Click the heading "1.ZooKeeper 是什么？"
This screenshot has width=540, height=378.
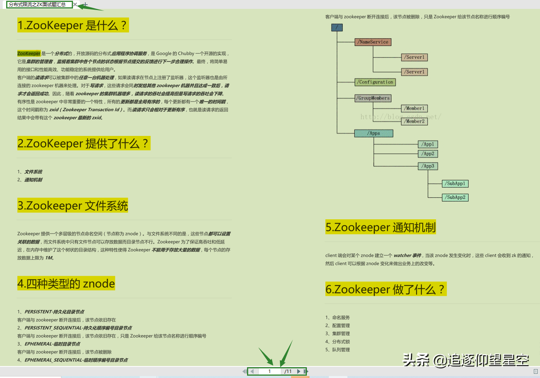click(x=73, y=25)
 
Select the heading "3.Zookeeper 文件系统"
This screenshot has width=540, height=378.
click(x=73, y=206)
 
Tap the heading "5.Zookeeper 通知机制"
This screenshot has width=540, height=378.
click(x=381, y=227)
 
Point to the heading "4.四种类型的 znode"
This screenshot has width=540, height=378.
click(x=66, y=284)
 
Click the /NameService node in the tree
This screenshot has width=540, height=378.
click(x=373, y=42)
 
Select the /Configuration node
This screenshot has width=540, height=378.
click(x=375, y=82)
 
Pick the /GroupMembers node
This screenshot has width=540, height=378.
click(x=373, y=98)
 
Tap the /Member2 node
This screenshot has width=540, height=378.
click(x=415, y=121)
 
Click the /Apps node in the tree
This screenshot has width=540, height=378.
click(x=374, y=134)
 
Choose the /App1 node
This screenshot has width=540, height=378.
click(x=428, y=144)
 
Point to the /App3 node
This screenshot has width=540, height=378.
click(x=428, y=166)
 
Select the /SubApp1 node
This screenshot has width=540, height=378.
click(x=455, y=184)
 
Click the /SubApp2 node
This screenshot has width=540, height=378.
click(x=455, y=198)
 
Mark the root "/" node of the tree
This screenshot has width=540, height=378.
click(x=337, y=28)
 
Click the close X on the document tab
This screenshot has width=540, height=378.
click(x=75, y=5)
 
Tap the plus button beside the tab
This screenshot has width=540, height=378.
click(x=85, y=5)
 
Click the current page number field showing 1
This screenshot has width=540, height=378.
click(x=269, y=371)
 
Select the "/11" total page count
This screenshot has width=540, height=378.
click(x=288, y=371)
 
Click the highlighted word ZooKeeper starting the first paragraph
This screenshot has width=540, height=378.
click(x=29, y=54)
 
